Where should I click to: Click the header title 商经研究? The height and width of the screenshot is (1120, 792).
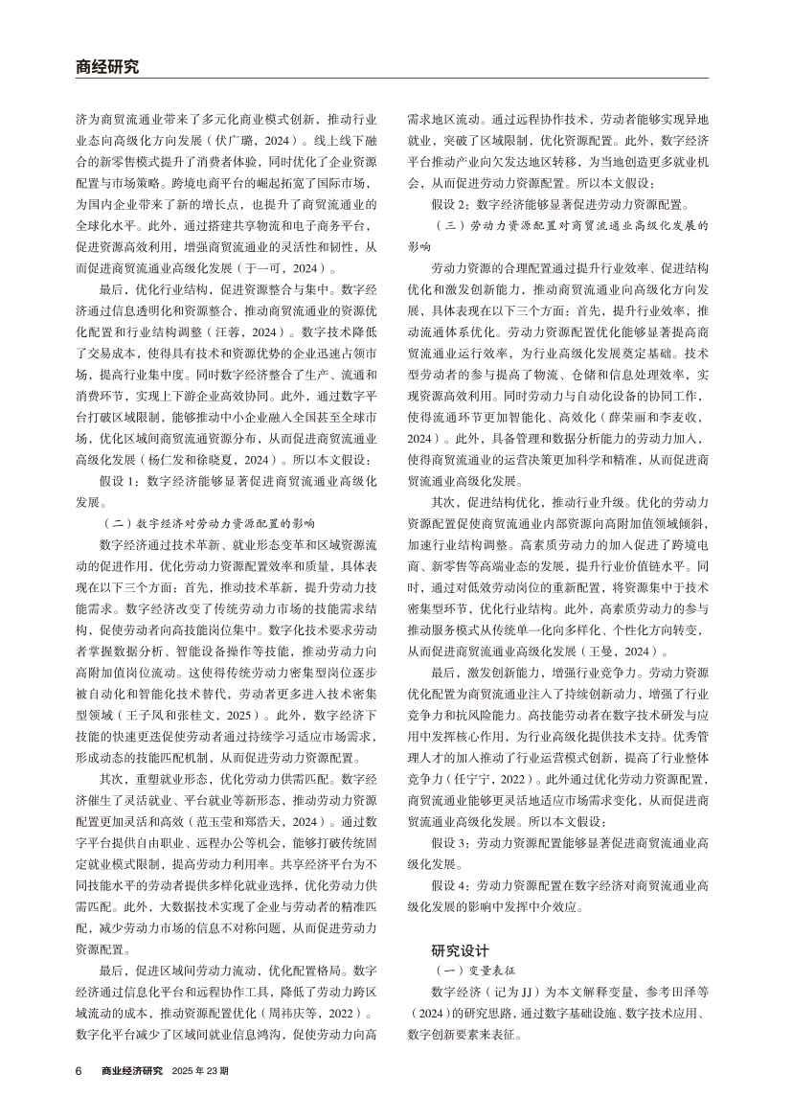(x=106, y=67)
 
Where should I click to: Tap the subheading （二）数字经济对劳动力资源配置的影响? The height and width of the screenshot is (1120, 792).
(x=208, y=525)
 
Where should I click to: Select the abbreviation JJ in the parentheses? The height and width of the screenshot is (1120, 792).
(x=527, y=993)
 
